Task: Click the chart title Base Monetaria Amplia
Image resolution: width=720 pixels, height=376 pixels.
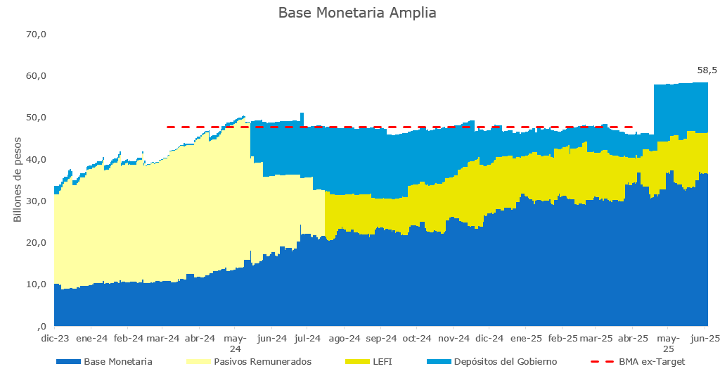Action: click(357, 13)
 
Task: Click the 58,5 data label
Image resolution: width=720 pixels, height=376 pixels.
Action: click(707, 70)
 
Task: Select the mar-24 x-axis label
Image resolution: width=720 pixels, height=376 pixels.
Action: click(163, 339)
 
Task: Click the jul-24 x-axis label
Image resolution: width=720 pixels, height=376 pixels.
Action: click(307, 339)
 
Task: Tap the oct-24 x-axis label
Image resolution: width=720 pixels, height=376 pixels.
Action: click(416, 339)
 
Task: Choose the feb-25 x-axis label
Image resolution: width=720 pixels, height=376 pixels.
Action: click(562, 339)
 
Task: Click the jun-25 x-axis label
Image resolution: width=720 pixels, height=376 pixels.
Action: click(705, 339)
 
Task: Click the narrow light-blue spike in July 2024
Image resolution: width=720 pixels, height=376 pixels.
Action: click(302, 116)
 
